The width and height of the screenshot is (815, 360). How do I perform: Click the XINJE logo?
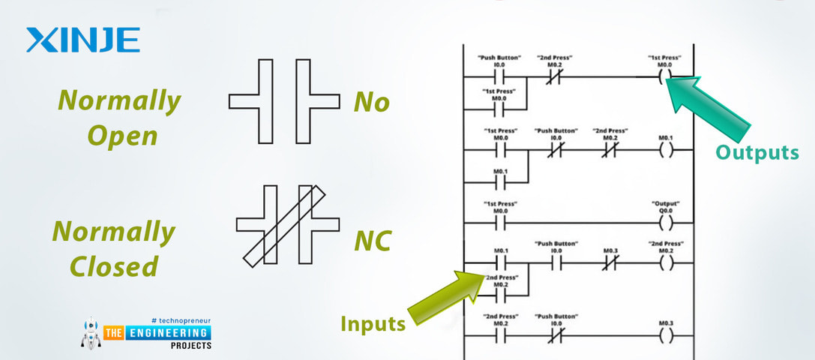click(x=82, y=40)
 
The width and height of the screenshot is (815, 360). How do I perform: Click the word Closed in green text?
click(x=115, y=265)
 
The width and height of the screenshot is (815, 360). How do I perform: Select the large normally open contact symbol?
click(x=283, y=101)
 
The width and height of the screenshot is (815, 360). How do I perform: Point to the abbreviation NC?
click(x=373, y=241)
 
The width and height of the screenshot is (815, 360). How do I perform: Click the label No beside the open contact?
click(x=372, y=102)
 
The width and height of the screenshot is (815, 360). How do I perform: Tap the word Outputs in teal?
click(x=757, y=152)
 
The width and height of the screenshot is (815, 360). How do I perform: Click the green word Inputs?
click(x=373, y=324)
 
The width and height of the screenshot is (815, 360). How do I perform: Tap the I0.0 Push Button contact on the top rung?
click(x=499, y=77)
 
